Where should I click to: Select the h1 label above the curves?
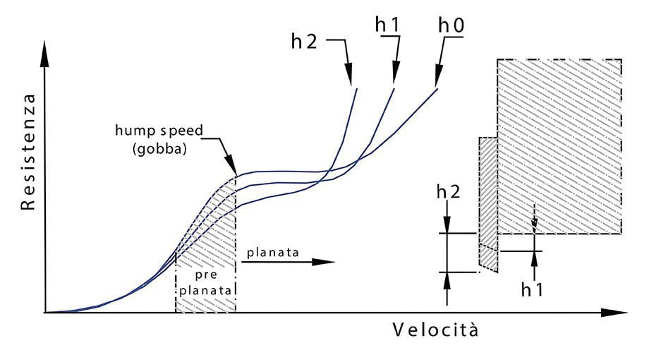(387, 24)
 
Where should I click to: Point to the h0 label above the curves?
(452, 24)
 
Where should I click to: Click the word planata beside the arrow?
(269, 251)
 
